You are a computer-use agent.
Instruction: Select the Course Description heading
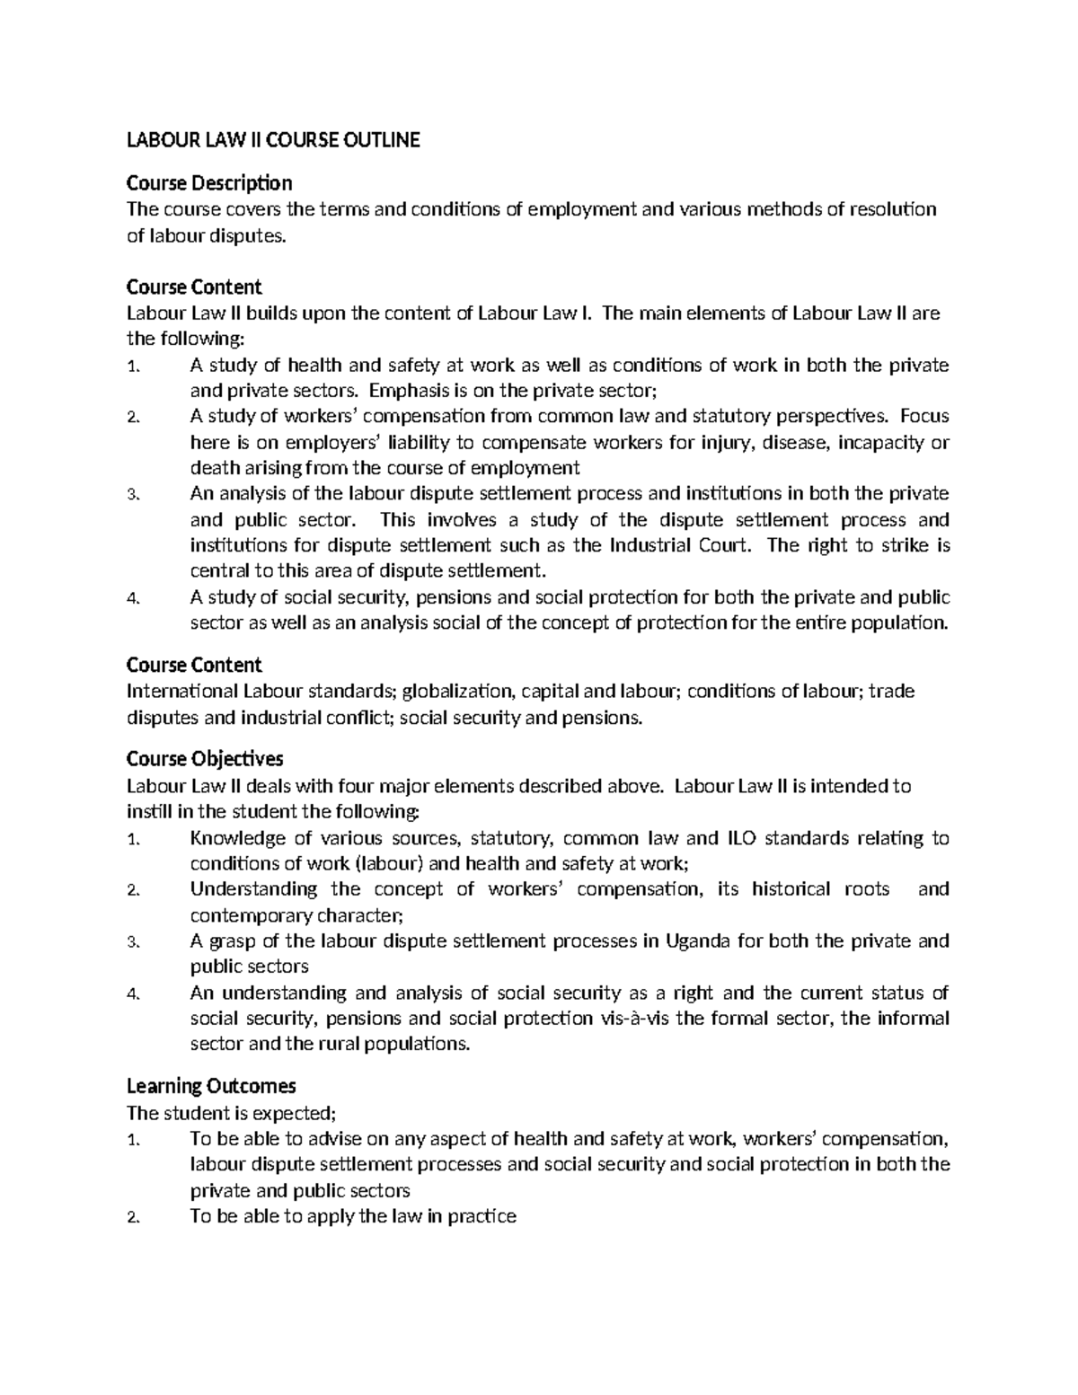[x=208, y=183]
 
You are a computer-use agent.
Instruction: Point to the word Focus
[x=924, y=416]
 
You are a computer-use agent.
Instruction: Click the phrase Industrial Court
[x=680, y=545]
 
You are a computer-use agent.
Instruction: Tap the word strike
[x=906, y=545]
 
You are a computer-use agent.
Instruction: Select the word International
[x=181, y=691]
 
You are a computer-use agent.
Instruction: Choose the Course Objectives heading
[x=204, y=759]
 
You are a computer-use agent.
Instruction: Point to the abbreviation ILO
[x=738, y=838]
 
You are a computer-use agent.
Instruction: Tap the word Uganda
[x=698, y=941]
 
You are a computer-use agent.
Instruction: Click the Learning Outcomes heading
[x=211, y=1086]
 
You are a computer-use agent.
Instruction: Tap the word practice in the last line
[x=482, y=1217]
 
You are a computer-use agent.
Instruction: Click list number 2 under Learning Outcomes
[x=133, y=1218]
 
